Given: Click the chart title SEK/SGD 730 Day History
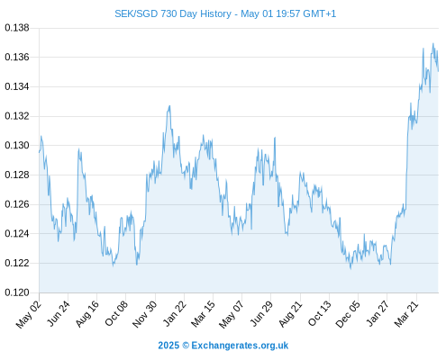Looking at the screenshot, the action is coord(173,13).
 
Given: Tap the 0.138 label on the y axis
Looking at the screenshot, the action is coord(17,28).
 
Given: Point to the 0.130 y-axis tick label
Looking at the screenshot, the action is coord(17,146).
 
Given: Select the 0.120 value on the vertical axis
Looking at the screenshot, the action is coord(17,292).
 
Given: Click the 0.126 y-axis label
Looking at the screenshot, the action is coord(17,204).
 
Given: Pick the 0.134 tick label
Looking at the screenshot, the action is coord(17,86).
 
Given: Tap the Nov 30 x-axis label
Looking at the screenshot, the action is coord(145,314).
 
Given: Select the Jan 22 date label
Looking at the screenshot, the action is coord(174,313).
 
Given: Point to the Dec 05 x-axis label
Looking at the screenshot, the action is coord(348,314).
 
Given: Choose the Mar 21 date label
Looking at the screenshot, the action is coord(406,314).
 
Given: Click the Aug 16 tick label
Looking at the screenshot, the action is coord(87,314).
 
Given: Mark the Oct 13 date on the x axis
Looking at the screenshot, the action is coord(319,313).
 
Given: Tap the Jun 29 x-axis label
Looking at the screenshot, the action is coord(261,313).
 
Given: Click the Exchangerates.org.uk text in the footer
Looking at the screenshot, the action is coord(240,346).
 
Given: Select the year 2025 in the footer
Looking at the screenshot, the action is coord(168,346).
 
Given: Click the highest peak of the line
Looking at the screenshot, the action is coord(432,43).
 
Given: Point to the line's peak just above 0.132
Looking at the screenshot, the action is coord(169,105).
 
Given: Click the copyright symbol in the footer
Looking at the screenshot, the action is coord(186,346).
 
